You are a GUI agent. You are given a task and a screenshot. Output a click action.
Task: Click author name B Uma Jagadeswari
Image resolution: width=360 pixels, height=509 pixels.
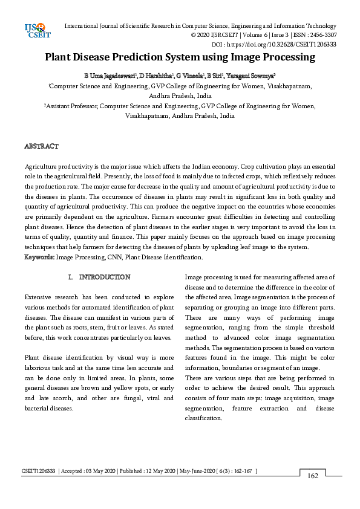click(110, 76)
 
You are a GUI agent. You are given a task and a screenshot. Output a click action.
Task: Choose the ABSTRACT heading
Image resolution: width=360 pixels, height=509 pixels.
click(41, 146)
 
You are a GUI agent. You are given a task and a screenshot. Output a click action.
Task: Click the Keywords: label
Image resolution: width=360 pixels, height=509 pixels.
click(39, 258)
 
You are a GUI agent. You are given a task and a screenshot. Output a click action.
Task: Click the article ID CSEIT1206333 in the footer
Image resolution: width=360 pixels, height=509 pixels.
click(40, 470)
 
